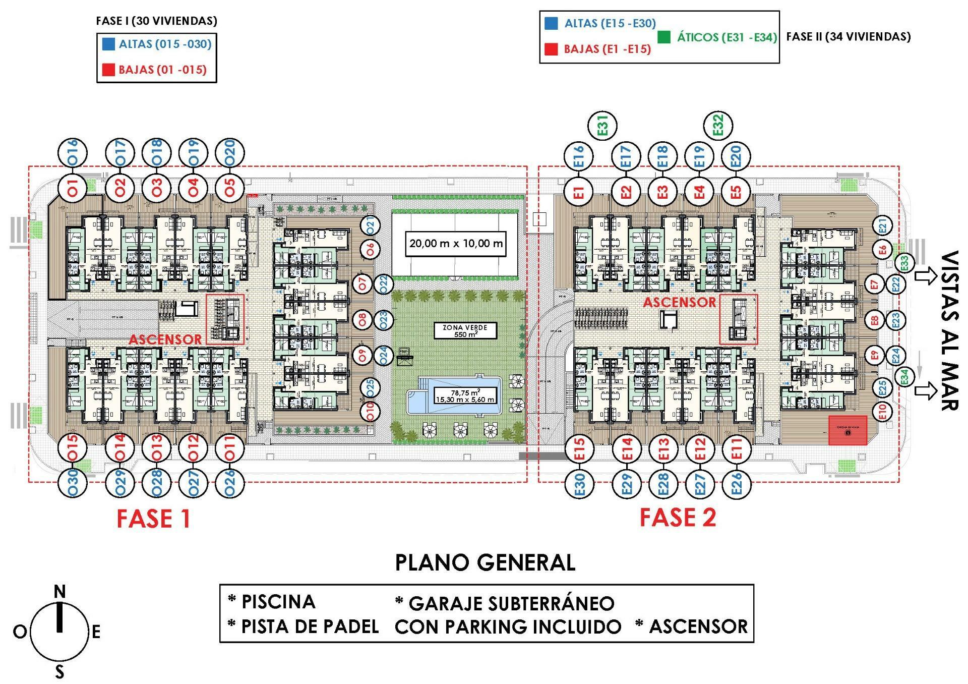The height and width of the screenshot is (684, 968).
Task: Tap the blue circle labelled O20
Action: (x=230, y=153)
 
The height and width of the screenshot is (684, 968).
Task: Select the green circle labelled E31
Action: (x=603, y=126)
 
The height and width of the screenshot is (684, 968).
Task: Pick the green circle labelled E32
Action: (x=718, y=125)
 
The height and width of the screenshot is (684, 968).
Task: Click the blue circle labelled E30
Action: (x=580, y=483)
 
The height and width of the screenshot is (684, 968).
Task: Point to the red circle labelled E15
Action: (x=580, y=448)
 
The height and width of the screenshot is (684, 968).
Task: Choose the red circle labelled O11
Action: (x=230, y=448)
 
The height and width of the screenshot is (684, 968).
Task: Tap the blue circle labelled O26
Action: (x=230, y=483)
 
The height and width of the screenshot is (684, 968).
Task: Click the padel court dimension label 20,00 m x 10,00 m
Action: (x=456, y=244)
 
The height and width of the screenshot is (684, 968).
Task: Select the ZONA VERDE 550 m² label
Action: (x=465, y=331)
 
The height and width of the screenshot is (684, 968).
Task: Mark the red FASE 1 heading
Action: (x=153, y=519)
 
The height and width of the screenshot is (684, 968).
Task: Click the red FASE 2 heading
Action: (x=678, y=518)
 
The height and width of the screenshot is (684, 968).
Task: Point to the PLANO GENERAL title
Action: (x=485, y=562)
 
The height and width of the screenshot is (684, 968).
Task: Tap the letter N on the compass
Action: (x=59, y=591)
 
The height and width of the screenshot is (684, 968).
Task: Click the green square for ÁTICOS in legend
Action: (x=664, y=37)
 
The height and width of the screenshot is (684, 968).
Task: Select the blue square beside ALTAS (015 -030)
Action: (x=108, y=44)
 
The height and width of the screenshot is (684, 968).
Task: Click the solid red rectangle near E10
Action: (x=848, y=430)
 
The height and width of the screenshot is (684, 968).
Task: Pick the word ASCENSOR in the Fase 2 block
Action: (x=679, y=302)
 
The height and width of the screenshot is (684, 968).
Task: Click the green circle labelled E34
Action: (x=904, y=377)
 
